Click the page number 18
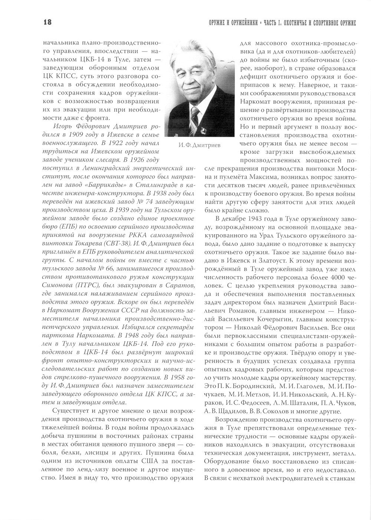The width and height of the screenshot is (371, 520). coord(47,22)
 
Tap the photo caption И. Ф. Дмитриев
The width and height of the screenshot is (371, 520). coord(199,145)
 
